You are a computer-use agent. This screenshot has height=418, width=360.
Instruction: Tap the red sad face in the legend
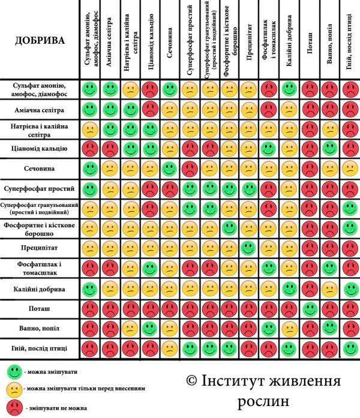(11, 407)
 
